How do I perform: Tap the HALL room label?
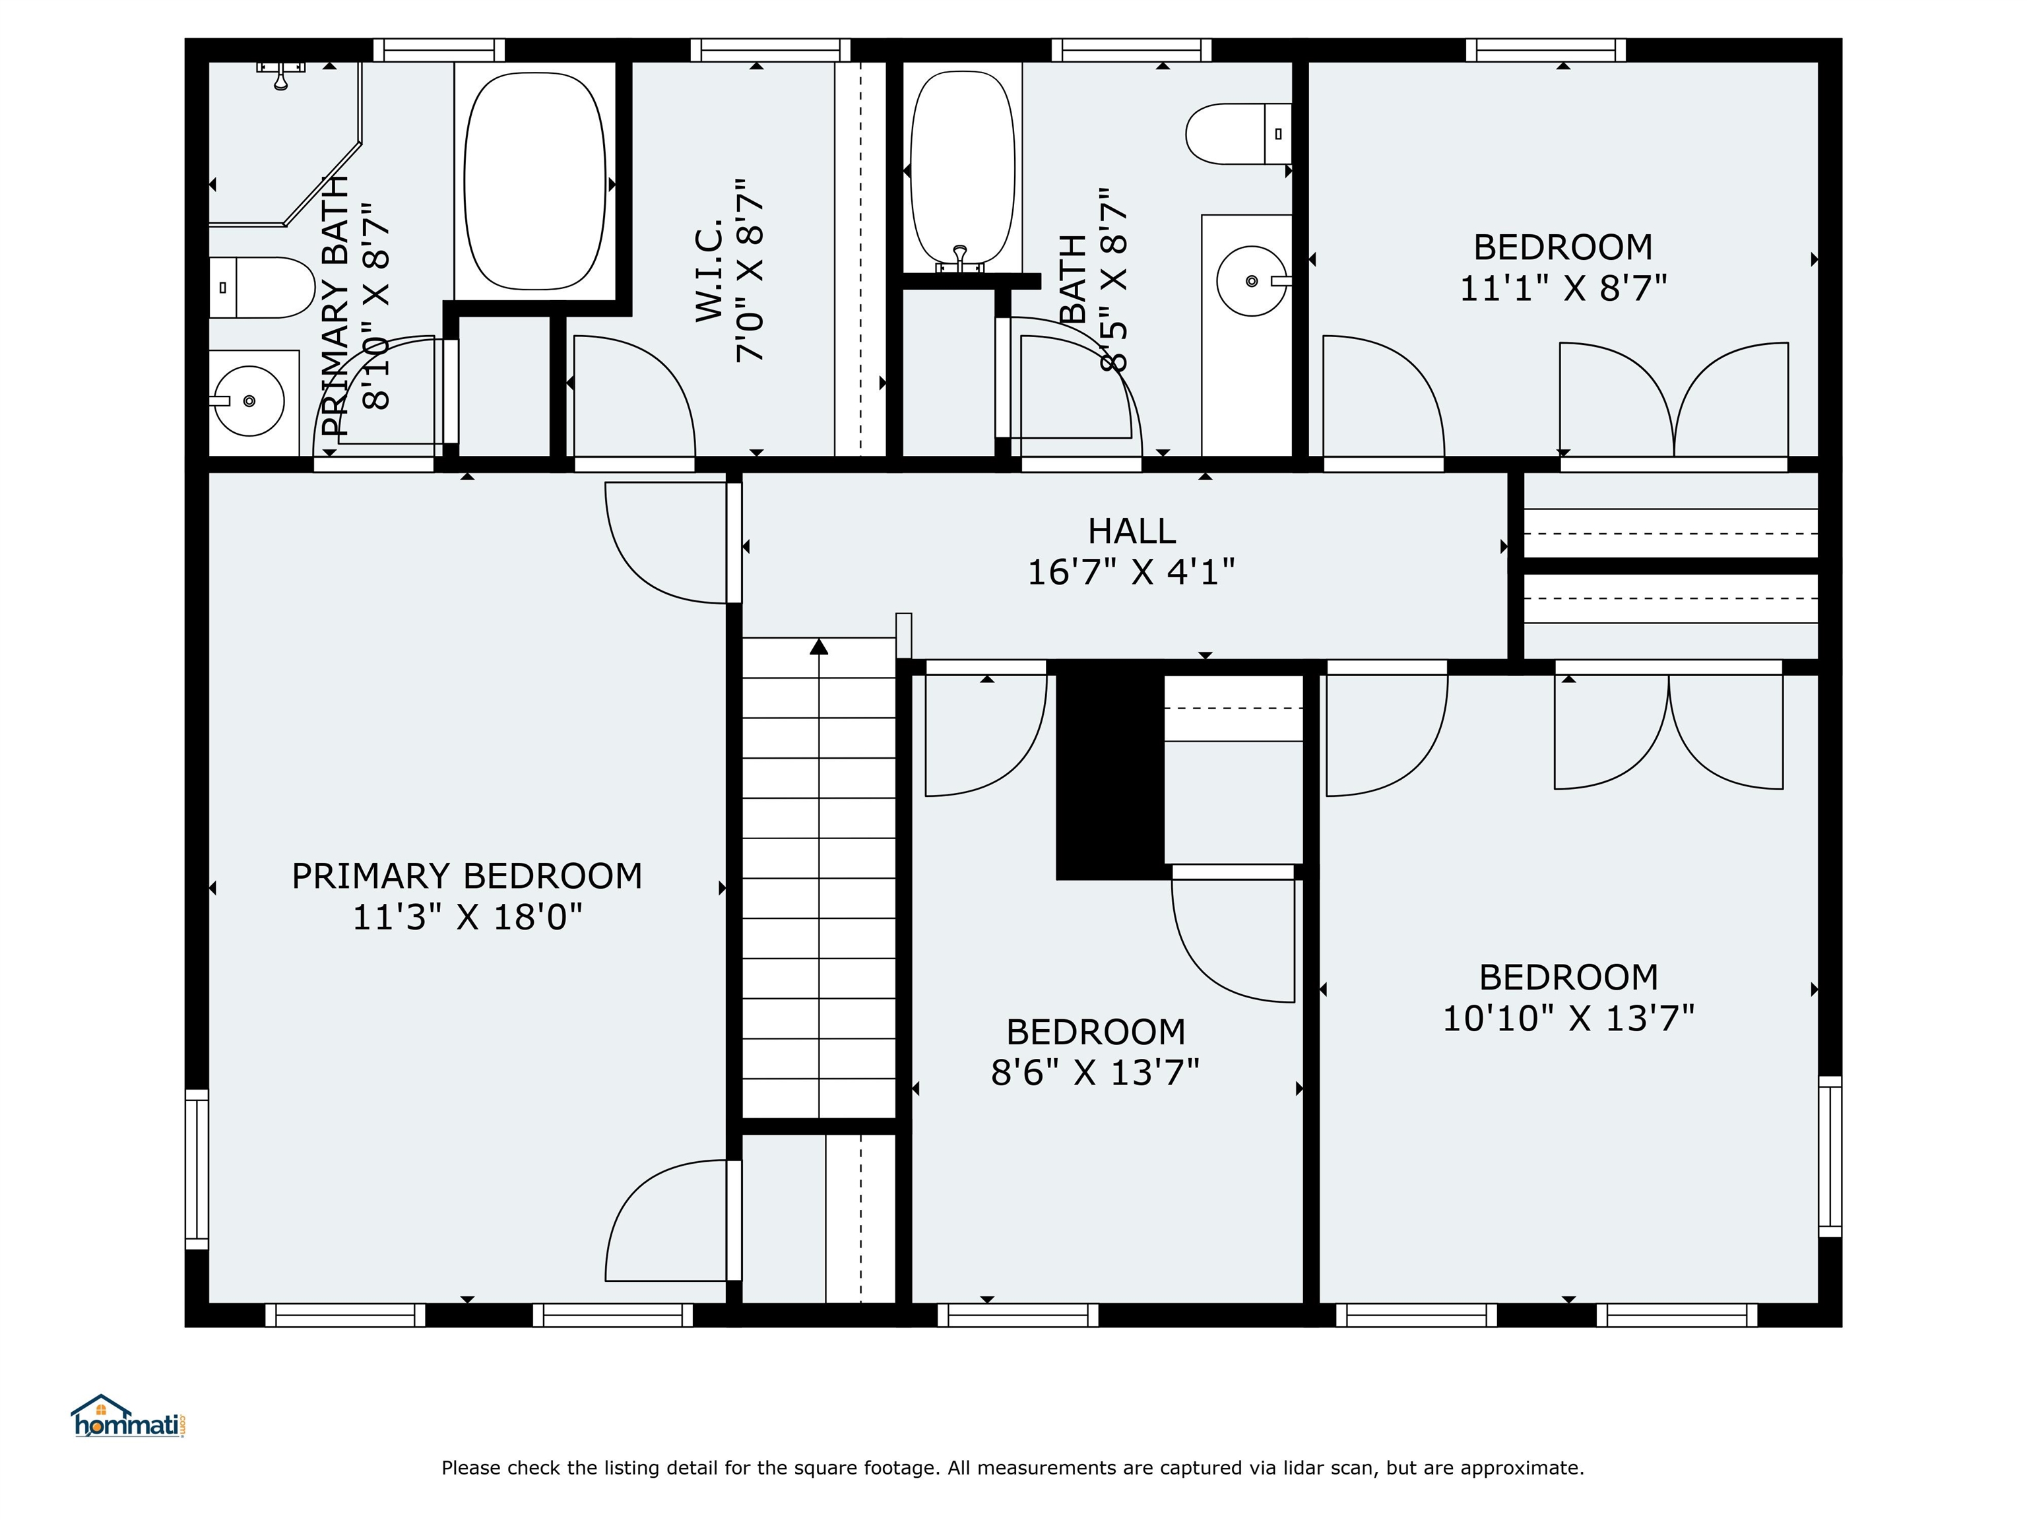point(1131,531)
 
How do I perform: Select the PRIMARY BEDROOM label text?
point(467,876)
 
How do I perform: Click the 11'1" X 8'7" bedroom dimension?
point(1562,288)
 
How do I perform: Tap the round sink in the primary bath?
point(249,401)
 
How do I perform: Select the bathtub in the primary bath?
point(535,181)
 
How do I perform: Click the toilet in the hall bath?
point(1239,134)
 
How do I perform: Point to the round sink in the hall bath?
point(1252,280)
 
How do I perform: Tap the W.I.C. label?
point(709,270)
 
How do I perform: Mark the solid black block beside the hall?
point(1110,770)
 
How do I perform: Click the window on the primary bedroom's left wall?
point(197,1168)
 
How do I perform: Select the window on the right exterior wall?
point(1830,1156)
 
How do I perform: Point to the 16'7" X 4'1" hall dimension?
point(1131,573)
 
